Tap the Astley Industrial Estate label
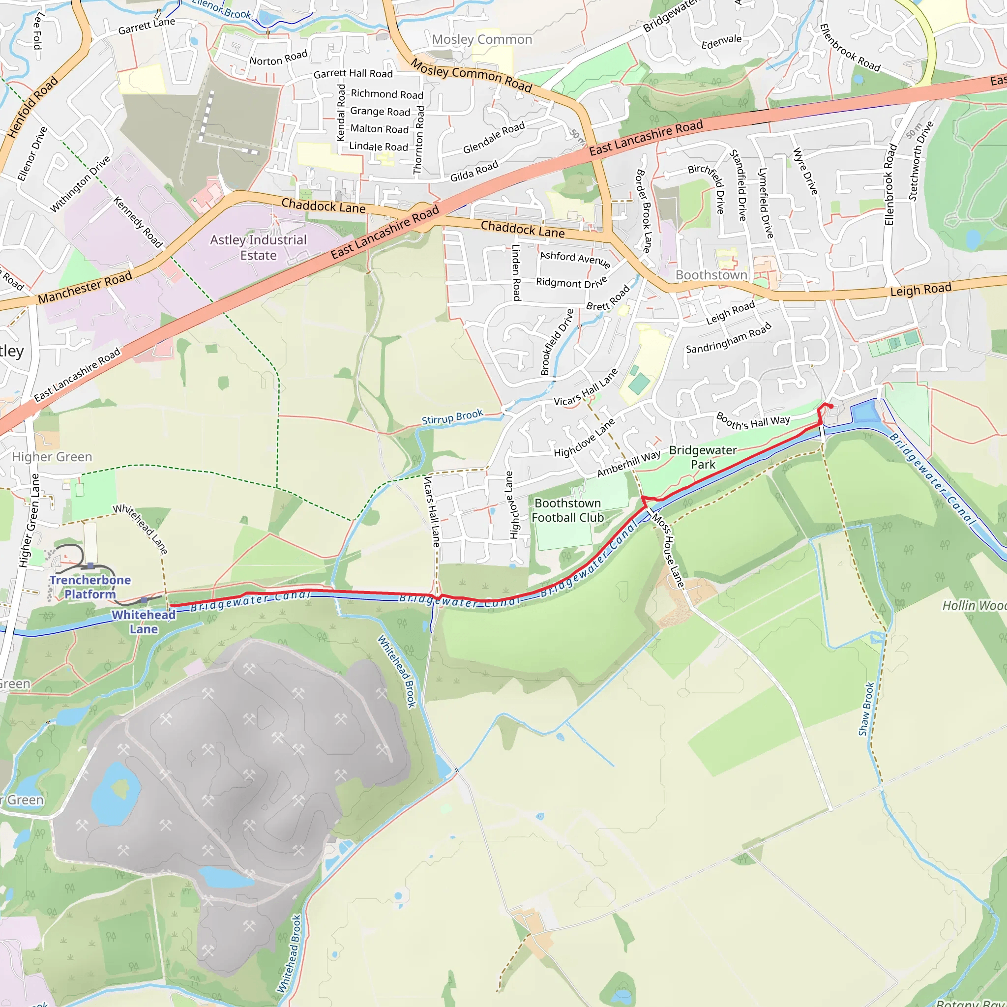pyautogui.click(x=258, y=247)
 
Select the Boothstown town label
pyautogui.click(x=711, y=275)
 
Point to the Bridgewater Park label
pyautogui.click(x=703, y=457)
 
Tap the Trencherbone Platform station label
pyautogui.click(x=90, y=587)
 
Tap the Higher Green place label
pyautogui.click(x=52, y=457)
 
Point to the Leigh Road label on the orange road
pyautogui.click(x=920, y=289)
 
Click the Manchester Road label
pyautogui.click(x=85, y=287)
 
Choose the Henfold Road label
pyautogui.click(x=33, y=107)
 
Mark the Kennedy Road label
pyautogui.click(x=138, y=222)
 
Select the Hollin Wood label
pyautogui.click(x=974, y=606)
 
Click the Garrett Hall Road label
pyautogui.click(x=353, y=73)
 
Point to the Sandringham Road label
pyautogui.click(x=728, y=339)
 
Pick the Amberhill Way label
pyautogui.click(x=628, y=463)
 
